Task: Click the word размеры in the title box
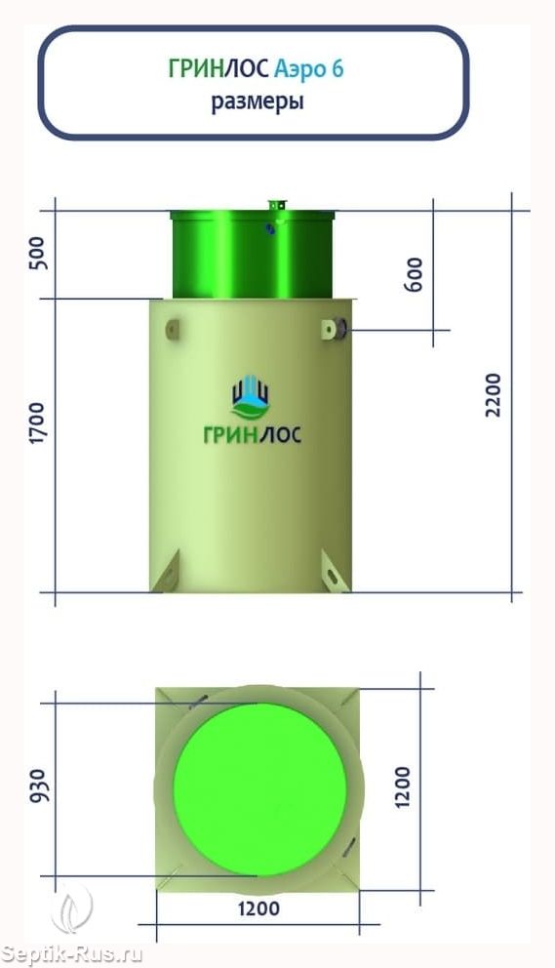coord(258,101)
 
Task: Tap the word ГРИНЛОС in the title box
coord(218,68)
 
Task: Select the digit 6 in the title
coord(337,68)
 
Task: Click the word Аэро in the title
coord(299,69)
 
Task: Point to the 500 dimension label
coord(38,253)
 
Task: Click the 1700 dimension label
coord(38,423)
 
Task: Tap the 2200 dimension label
coord(494,395)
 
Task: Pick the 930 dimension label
coord(38,786)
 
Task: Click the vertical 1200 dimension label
coord(402,787)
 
